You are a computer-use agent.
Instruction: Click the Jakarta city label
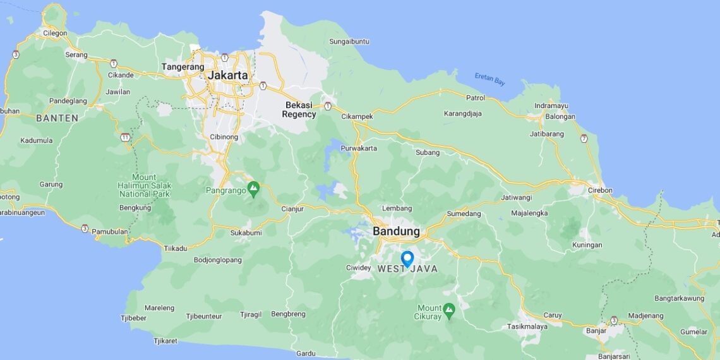tap(227, 75)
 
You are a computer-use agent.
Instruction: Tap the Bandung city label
tap(396, 231)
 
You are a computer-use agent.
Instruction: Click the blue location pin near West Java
tap(407, 258)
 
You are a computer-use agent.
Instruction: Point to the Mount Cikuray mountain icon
tap(449, 309)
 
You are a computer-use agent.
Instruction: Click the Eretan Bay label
tap(490, 79)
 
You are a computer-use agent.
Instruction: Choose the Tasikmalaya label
tap(527, 327)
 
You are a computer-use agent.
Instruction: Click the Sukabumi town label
tap(246, 233)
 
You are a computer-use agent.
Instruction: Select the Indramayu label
tap(551, 105)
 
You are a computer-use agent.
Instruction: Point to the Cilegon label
tap(55, 33)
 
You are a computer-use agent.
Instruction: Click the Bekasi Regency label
tap(299, 109)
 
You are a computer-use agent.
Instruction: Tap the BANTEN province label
tap(57, 118)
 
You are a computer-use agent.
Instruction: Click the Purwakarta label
tap(359, 148)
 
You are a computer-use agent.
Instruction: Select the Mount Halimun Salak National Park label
tap(144, 186)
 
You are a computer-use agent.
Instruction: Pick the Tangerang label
tap(183, 66)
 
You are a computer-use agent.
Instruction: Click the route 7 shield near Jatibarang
tap(584, 138)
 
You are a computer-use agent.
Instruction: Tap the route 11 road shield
tap(125, 137)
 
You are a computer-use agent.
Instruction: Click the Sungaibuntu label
tap(349, 42)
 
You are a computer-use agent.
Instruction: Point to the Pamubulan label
tap(110, 232)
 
